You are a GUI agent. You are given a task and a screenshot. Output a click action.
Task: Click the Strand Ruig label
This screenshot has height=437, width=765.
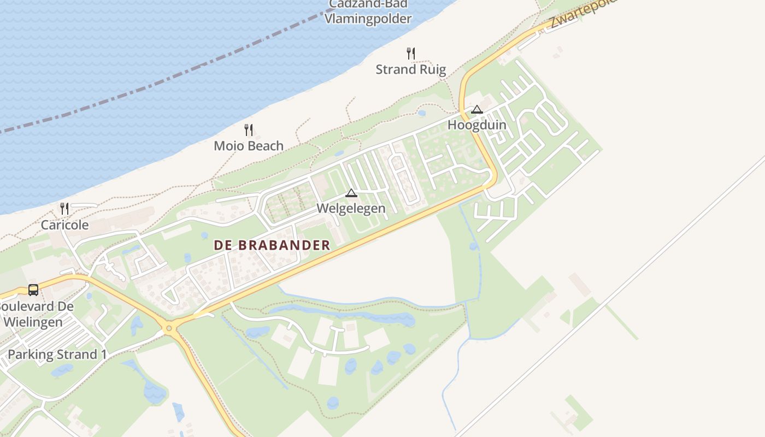411,69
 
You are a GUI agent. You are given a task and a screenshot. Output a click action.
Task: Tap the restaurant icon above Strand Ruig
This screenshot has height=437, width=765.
411,53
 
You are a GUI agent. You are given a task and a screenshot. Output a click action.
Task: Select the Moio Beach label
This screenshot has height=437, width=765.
249,146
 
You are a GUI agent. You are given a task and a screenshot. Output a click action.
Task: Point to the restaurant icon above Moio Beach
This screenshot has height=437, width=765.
249,129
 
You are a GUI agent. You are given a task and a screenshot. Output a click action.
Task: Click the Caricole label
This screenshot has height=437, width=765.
64,225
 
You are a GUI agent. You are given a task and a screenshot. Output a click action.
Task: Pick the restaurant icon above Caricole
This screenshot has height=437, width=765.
64,208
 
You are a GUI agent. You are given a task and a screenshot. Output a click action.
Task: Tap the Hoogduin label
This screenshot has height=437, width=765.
477,125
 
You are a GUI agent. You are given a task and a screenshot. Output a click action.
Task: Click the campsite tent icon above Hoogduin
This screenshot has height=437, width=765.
477,109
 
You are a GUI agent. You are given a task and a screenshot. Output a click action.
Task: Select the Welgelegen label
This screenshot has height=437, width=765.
351,208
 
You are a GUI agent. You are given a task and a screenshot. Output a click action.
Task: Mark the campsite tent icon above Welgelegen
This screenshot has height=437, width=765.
351,193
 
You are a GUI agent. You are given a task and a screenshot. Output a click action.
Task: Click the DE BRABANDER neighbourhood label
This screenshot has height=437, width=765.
272,245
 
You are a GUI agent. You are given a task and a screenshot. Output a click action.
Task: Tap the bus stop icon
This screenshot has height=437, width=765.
33,290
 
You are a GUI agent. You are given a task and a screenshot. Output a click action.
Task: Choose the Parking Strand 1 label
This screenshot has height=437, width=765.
57,355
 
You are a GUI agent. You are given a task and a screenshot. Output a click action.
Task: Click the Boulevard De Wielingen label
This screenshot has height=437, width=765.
36,314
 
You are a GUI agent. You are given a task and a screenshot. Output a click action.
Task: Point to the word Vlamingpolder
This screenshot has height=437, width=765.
368,19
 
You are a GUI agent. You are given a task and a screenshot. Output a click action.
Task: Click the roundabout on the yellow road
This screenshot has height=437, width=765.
169,328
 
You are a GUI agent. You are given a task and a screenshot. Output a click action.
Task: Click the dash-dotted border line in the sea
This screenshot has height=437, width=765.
164,82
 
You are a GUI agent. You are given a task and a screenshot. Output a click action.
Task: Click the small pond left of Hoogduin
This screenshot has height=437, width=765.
421,114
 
